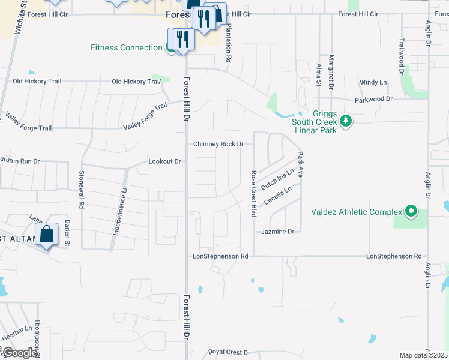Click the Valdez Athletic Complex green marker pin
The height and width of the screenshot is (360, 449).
411,211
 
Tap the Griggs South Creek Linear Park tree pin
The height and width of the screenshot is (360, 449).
345,121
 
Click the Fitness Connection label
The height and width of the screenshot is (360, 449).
127,47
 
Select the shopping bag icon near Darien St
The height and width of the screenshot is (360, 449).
46,235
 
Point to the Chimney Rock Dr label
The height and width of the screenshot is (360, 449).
218,144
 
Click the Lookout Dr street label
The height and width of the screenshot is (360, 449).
164,161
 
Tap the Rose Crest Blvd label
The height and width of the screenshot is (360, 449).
253,193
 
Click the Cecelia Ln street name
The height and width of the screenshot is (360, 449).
277,196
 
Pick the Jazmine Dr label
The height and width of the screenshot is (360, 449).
277,231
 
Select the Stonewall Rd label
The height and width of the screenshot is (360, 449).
81,190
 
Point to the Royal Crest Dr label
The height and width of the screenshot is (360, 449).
229,352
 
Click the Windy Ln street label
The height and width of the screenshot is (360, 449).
373,82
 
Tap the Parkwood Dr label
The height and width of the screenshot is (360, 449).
373,98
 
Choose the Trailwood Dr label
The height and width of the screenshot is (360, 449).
401,54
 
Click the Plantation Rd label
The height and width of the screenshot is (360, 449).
229,46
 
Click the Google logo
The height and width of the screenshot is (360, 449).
20,353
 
